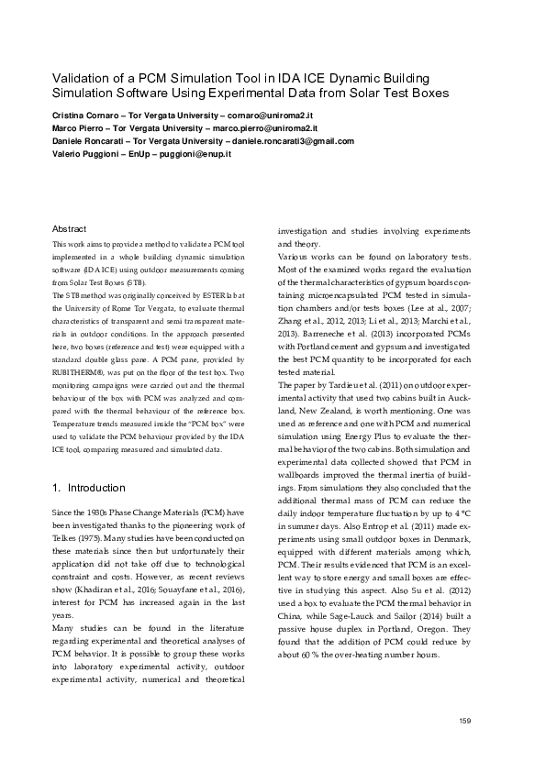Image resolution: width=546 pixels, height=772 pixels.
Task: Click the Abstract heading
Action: (70, 228)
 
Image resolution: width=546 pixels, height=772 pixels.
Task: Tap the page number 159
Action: (464, 722)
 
